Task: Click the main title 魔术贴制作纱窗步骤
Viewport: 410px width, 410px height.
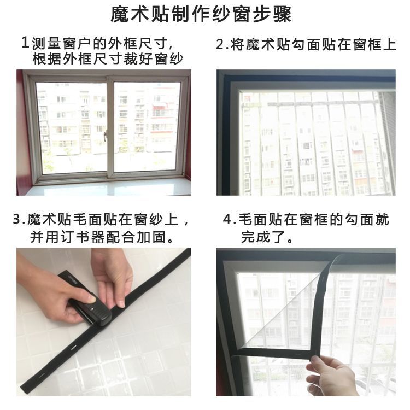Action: pos(201,15)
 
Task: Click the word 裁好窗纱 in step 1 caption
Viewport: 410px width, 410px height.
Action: pos(153,58)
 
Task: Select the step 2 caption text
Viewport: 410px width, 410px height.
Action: pos(306,44)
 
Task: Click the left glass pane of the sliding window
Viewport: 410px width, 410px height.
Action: pos(71,127)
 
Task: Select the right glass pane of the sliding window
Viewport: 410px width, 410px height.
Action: pos(147,127)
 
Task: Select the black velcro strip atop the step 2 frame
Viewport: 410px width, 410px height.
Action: pos(306,78)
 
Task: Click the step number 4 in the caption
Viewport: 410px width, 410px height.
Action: pos(227,219)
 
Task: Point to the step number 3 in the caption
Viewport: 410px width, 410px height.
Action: pos(17,219)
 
